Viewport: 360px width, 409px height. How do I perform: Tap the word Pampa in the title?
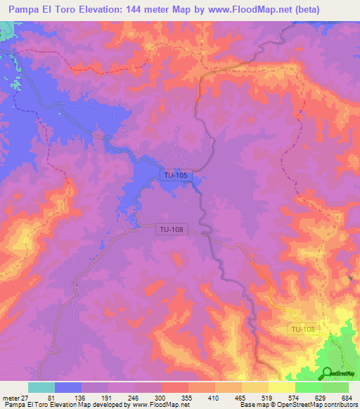22,10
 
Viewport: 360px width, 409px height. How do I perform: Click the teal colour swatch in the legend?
41,387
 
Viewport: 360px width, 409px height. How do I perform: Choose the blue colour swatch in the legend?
68,387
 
